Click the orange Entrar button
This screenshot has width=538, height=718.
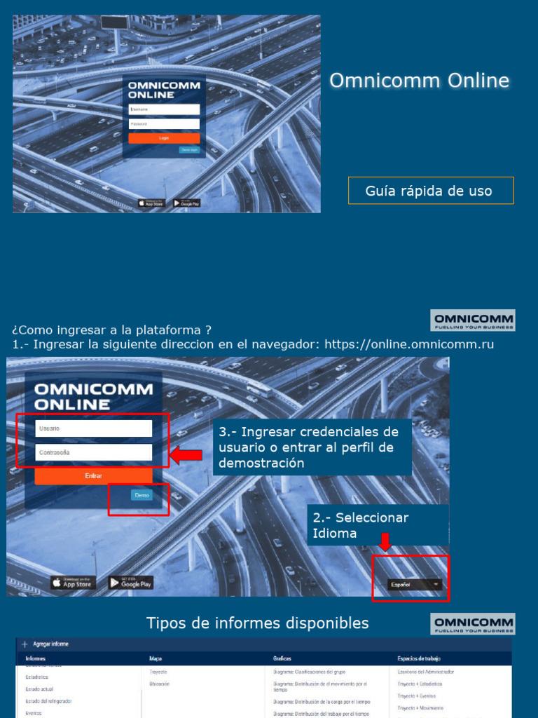pyautogui.click(x=93, y=475)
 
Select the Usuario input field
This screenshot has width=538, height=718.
pyautogui.click(x=93, y=428)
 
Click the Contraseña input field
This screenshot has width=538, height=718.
pyautogui.click(x=93, y=452)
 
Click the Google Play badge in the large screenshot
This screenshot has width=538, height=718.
pyautogui.click(x=130, y=583)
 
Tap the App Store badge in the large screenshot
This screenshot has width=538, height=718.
pyautogui.click(x=73, y=583)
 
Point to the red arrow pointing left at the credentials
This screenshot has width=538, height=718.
pyautogui.click(x=186, y=456)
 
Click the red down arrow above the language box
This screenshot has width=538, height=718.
pyautogui.click(x=385, y=542)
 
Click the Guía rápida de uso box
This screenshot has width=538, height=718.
pyautogui.click(x=430, y=191)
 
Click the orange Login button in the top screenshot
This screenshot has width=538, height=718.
pyautogui.click(x=164, y=138)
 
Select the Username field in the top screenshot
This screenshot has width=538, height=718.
pyautogui.click(x=164, y=109)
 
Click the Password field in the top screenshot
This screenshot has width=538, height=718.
pyautogui.click(x=164, y=123)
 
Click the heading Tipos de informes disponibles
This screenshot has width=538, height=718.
pyautogui.click(x=257, y=623)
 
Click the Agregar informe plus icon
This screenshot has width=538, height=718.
pyautogui.click(x=25, y=644)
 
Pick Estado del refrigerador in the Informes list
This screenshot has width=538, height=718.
pyautogui.click(x=49, y=701)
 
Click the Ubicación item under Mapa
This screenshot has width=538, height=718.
pyautogui.click(x=160, y=683)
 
